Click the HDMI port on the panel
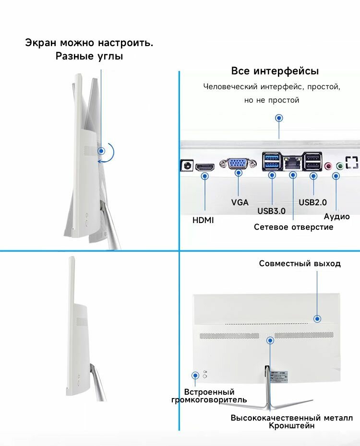pyautogui.click(x=205, y=166)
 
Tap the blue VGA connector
pyautogui.click(x=239, y=164)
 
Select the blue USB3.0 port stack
pyautogui.click(x=272, y=161)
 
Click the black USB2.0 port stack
pyautogui.click(x=313, y=161)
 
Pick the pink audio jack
pyautogui.click(x=328, y=166)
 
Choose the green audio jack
pyautogui.click(x=340, y=166)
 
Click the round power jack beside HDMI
pyautogui.click(x=187, y=166)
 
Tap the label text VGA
pyautogui.click(x=240, y=202)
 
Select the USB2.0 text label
pyautogui.click(x=313, y=202)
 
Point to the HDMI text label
pyautogui.click(x=203, y=221)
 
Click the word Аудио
pyautogui.click(x=336, y=217)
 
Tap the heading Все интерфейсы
pyautogui.click(x=275, y=71)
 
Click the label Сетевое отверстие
pyautogui.click(x=293, y=227)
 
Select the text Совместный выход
pyautogui.click(x=300, y=263)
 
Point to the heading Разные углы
pyautogui.click(x=89, y=56)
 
